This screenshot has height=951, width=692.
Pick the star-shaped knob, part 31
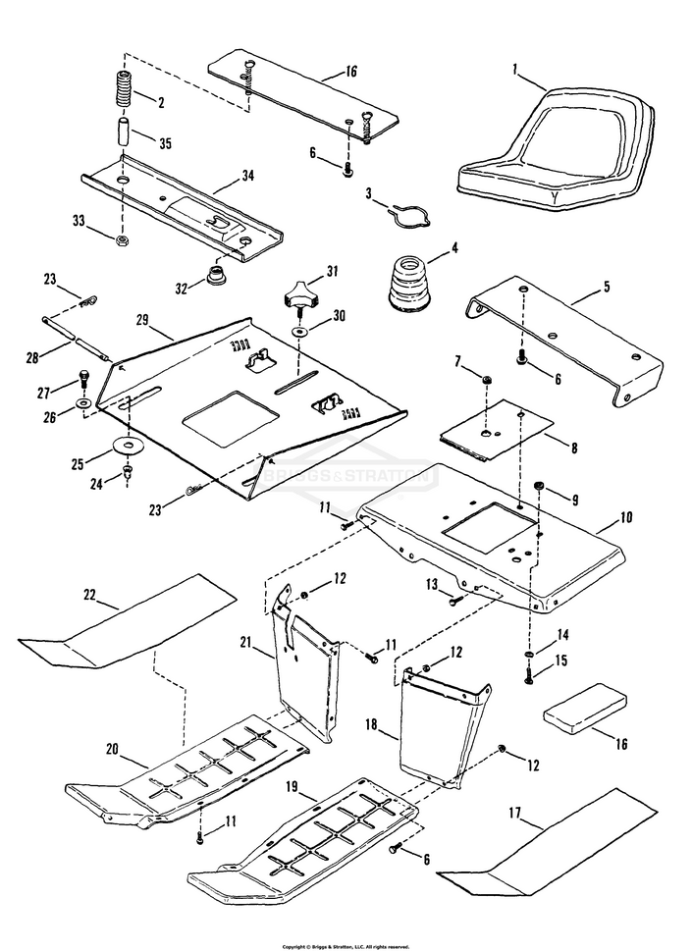pos(295,291)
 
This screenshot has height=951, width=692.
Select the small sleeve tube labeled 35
pos(123,134)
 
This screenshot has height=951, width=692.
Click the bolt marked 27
pos(84,378)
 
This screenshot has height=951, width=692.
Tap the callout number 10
pos(626,516)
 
